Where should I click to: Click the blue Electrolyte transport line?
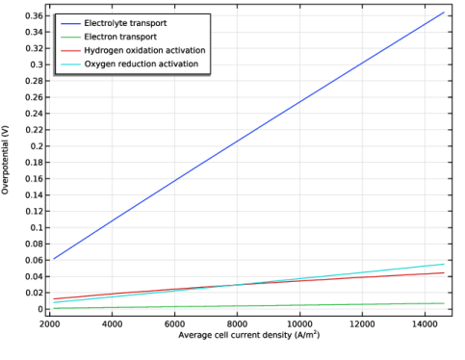(248, 136)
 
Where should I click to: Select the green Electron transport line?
(248, 306)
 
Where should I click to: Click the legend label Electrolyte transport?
(125, 23)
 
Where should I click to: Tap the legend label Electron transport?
(120, 37)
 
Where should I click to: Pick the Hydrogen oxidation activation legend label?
(144, 50)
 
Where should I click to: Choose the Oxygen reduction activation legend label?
(142, 64)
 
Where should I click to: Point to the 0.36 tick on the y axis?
(34, 15)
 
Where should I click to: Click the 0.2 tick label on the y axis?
(37, 146)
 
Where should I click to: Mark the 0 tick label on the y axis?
(40, 309)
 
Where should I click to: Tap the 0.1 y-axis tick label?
(37, 227)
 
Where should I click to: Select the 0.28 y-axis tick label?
(34, 81)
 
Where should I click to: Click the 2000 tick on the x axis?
(50, 324)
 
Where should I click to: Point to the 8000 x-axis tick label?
(237, 324)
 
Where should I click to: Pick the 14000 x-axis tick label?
(425, 324)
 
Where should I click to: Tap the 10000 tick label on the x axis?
(299, 324)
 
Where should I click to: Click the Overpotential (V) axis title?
(5, 160)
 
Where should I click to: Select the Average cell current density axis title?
(249, 335)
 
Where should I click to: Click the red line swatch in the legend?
(70, 51)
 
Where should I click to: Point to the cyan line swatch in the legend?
(70, 64)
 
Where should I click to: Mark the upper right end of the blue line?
(444, 13)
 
